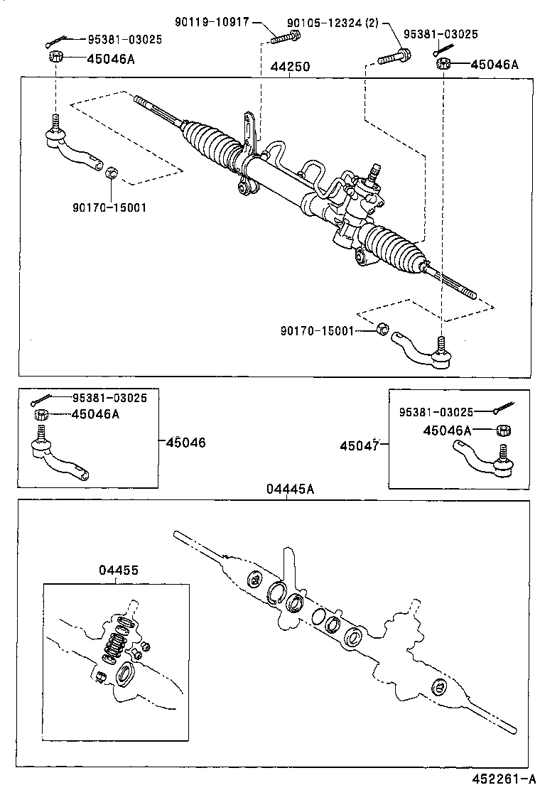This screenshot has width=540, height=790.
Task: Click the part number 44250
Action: [289, 67]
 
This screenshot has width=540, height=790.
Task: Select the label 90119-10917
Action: [212, 22]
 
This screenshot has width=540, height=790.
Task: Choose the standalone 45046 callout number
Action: [185, 442]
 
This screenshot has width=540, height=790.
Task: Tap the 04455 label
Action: [118, 570]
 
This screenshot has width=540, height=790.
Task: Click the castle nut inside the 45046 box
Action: [41, 415]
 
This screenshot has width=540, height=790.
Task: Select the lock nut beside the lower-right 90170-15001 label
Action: [382, 329]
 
